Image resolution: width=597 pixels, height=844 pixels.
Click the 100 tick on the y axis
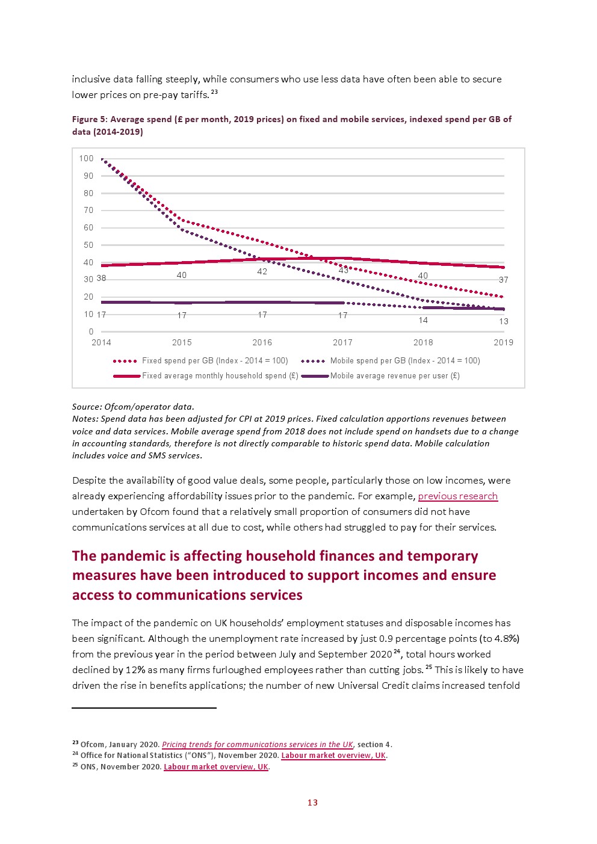pos(86,159)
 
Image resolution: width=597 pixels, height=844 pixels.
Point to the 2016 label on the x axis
pos(262,342)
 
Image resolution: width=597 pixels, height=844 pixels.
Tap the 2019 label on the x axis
pos(504,342)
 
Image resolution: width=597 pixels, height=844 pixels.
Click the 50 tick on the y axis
pos(88,245)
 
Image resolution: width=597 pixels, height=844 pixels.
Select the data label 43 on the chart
pos(343,270)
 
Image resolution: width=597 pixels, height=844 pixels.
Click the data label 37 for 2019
pos(504,280)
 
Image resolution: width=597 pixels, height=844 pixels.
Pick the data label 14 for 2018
pos(423,320)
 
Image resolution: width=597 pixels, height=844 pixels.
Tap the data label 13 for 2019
pos(504,321)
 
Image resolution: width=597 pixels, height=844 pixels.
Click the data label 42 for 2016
pos(262,272)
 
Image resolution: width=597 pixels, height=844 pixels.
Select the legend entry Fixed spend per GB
pos(201,361)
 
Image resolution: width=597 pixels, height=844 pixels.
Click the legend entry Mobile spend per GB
pos(391,361)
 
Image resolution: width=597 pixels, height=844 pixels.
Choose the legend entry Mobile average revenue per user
pos(381,376)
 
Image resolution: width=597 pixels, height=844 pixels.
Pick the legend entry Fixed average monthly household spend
pos(206,376)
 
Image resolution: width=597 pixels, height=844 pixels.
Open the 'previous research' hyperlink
pos(458,496)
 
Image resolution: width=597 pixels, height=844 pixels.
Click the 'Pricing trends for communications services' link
pos(258,745)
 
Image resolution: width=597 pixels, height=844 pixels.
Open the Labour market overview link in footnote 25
pos(216,767)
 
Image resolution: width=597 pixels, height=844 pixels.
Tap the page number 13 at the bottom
pos(312,802)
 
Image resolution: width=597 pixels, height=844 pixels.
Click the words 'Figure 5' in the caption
pos(90,120)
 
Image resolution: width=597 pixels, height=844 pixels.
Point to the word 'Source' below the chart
pos(86,407)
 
